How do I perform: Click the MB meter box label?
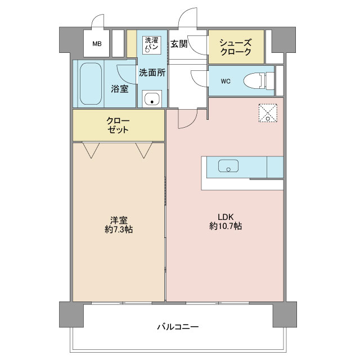[97, 44]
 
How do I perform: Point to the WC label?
[226, 81]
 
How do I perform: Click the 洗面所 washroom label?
[152, 72]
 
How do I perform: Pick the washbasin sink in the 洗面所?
[152, 99]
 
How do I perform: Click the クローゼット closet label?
[119, 125]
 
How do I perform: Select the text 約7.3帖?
[119, 229]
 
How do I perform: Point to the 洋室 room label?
[119, 219]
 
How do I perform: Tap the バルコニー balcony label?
[178, 327]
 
